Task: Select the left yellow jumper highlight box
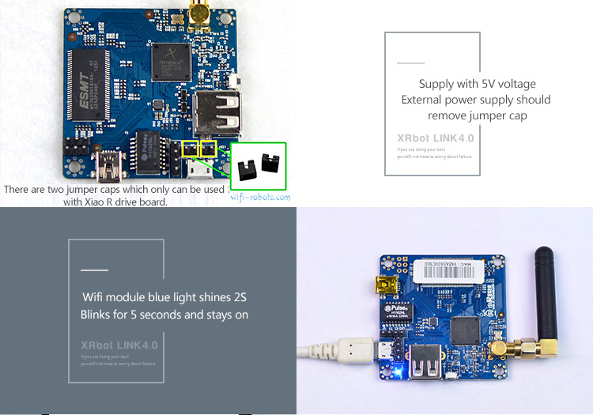pyautogui.click(x=190, y=149)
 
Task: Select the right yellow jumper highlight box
pyautogui.click(x=208, y=149)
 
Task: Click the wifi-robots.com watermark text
pyautogui.click(x=260, y=197)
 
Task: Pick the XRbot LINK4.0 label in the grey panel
pyautogui.click(x=119, y=345)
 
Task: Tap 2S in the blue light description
pyautogui.click(x=239, y=298)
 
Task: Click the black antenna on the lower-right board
pyautogui.click(x=545, y=285)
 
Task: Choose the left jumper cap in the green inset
pyautogui.click(x=244, y=168)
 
